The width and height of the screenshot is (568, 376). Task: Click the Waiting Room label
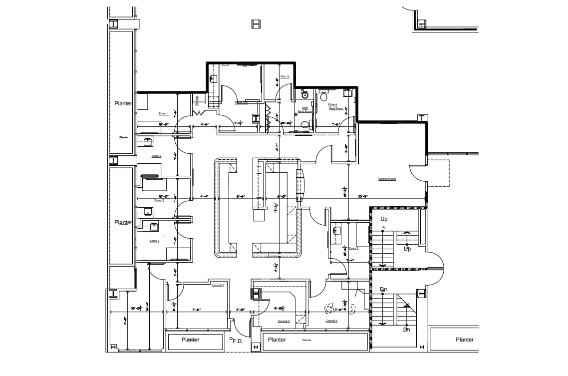click(387, 179)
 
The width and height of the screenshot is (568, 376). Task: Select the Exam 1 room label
click(164, 113)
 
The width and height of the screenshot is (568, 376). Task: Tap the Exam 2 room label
click(156, 156)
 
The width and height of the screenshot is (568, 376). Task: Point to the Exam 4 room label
click(154, 241)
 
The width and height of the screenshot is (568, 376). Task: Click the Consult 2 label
click(218, 285)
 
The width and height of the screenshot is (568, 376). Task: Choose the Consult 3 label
click(284, 321)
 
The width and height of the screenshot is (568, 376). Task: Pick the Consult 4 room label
click(331, 321)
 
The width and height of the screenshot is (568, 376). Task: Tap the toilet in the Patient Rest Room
click(323, 96)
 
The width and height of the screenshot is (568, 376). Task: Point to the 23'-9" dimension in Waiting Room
click(363, 197)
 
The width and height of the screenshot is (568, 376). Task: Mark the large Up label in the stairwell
click(384, 219)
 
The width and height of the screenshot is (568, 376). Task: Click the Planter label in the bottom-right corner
click(464, 340)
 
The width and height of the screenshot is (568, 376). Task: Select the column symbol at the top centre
click(256, 23)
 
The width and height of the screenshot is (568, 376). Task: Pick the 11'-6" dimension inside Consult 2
click(196, 310)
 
